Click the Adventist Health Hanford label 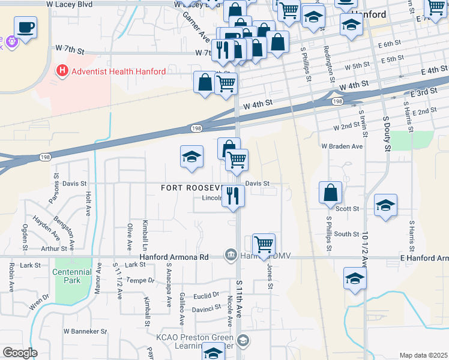[118, 71]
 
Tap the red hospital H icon [61, 71]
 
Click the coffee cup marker [25, 27]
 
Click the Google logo [20, 353]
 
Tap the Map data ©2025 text [423, 355]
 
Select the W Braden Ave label [342, 146]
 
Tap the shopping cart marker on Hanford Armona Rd [264, 244]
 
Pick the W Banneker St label [85, 331]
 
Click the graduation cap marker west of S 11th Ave [192, 157]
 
